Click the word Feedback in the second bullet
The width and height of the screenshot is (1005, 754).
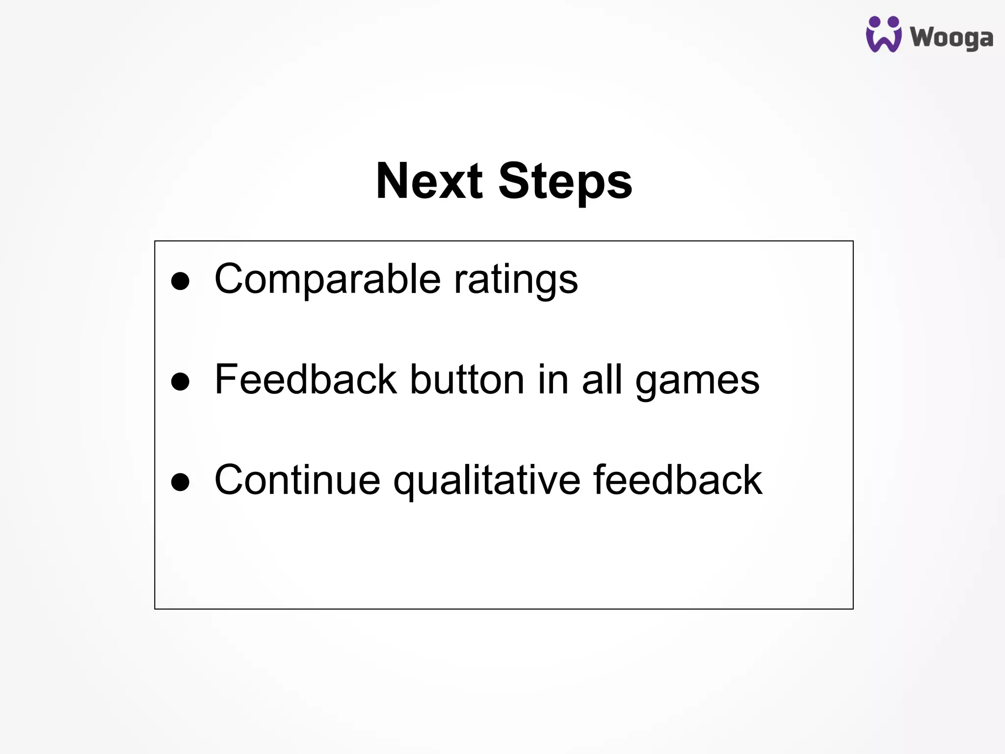pos(305,379)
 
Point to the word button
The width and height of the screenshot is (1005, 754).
pos(467,379)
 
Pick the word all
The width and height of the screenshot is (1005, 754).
pos(602,379)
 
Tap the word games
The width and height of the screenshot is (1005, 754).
pos(697,382)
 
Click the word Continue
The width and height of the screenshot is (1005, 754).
pos(297,480)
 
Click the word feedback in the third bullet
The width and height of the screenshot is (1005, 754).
pos(678,480)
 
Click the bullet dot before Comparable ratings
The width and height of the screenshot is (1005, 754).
pos(180,281)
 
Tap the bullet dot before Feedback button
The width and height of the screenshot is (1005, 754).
pos(180,381)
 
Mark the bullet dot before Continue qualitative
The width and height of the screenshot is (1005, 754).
pos(180,482)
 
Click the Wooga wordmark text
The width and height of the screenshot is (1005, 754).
pos(952,38)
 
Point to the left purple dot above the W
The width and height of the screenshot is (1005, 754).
pos(874,22)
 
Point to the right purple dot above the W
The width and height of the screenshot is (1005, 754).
pos(893,22)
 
